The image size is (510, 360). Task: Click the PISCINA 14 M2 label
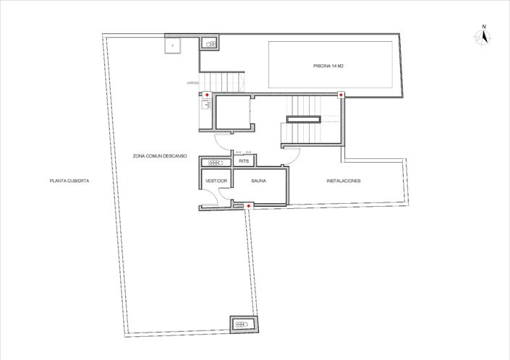click(328, 66)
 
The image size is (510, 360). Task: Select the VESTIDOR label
click(216, 181)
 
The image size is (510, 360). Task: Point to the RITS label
click(234, 161)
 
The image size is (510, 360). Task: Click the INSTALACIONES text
click(344, 181)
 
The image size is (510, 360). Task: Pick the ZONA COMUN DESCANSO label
click(160, 155)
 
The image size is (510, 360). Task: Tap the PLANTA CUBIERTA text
click(69, 181)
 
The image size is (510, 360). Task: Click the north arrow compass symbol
click(484, 35)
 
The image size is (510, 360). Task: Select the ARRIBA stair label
click(192, 83)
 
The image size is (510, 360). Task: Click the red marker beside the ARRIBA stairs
click(208, 95)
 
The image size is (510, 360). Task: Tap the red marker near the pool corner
click(341, 94)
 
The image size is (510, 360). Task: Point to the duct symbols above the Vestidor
click(214, 163)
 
